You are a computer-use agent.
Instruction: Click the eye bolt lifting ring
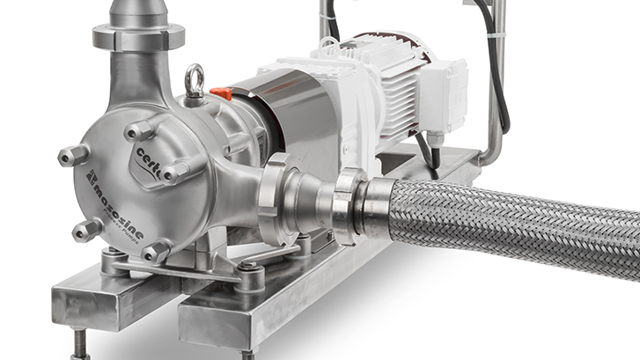[195, 80]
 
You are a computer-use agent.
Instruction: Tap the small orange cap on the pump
[221, 92]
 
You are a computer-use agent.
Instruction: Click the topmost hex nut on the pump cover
[139, 130]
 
